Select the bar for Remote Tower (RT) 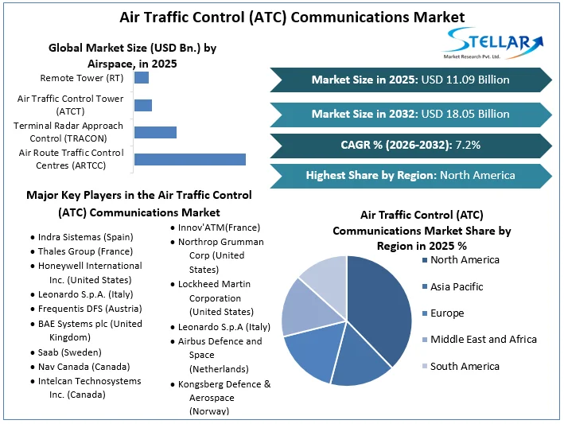[x=142, y=78]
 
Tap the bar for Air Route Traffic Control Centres [x=189, y=159]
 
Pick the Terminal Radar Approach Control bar [x=155, y=132]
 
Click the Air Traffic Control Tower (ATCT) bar [x=143, y=105]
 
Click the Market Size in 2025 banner [x=410, y=80]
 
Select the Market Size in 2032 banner [x=410, y=114]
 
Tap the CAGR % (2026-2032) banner [x=410, y=145]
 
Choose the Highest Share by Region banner [x=410, y=175]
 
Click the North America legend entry [x=465, y=260]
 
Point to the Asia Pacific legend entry [x=457, y=286]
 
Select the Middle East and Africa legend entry [x=483, y=340]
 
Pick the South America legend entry [x=465, y=367]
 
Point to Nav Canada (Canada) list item [x=84, y=367]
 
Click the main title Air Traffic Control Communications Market [x=282, y=16]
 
